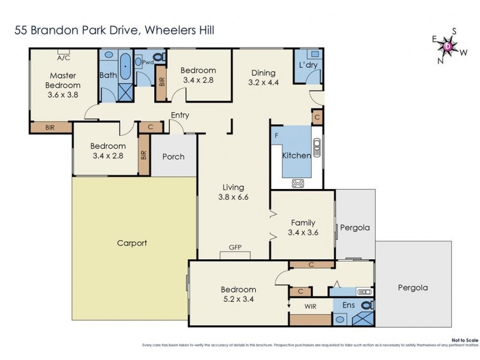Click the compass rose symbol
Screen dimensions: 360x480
coord(448,45)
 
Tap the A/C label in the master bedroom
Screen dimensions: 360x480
coord(64,58)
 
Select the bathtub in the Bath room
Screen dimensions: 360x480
coord(125,67)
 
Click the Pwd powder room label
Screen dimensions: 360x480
coord(148,61)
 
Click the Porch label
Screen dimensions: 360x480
coord(173,157)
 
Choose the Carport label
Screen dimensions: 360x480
coord(132,243)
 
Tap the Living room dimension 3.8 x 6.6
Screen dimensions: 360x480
coord(233,196)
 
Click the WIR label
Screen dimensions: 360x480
coord(311,306)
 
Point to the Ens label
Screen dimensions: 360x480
coord(349,305)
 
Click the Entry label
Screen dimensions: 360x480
coord(180,115)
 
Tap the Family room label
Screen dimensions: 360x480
coord(303,222)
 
